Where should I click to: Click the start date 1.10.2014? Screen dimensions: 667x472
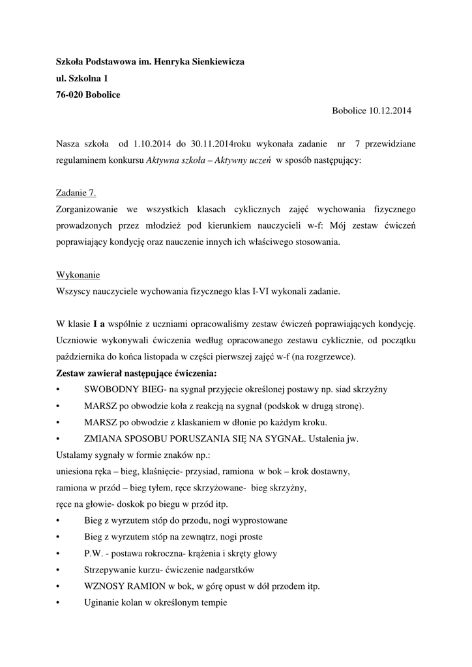point(153,143)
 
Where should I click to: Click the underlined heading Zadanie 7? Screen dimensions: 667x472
point(77,192)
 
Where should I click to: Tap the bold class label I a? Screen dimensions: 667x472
point(99,324)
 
